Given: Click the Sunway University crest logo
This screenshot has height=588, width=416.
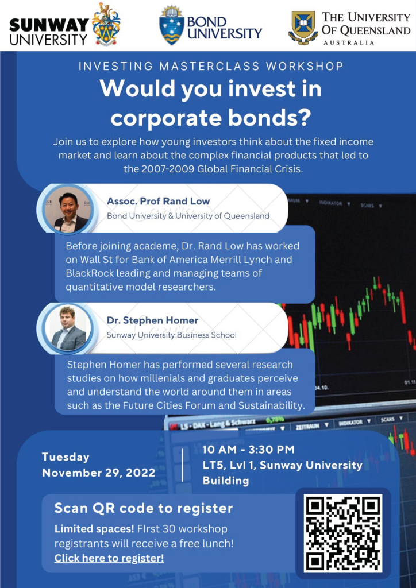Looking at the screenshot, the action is tap(106, 24).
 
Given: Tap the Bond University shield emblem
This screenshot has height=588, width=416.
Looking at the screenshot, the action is tap(171, 25).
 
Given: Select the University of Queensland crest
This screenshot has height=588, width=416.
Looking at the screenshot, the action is tap(303, 28).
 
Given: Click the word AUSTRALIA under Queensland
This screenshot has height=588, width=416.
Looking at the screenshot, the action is tap(349, 42).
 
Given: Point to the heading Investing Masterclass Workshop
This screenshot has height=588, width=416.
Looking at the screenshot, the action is tap(211, 67).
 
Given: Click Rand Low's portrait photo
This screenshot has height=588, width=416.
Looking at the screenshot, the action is tap(68, 209).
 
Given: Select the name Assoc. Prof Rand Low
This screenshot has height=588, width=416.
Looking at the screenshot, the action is tap(158, 201).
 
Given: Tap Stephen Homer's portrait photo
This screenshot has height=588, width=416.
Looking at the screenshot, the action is tap(68, 328).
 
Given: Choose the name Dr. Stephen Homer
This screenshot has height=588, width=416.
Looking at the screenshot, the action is tap(152, 320).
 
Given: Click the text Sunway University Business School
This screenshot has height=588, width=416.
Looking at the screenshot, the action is tap(171, 335).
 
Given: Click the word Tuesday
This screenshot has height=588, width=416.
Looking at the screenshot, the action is tap(66, 457).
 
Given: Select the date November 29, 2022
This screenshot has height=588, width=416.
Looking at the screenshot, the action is tap(98, 473).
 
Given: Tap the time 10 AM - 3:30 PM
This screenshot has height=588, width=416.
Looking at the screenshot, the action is tap(248, 450).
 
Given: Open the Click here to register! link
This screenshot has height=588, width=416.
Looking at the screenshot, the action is tap(109, 558).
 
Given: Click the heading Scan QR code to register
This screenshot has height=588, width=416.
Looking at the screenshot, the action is tap(144, 509).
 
